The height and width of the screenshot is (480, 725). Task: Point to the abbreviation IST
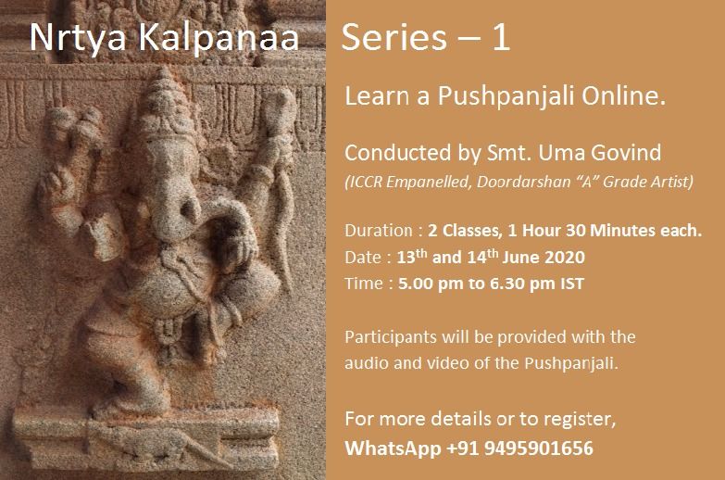[570, 284]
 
